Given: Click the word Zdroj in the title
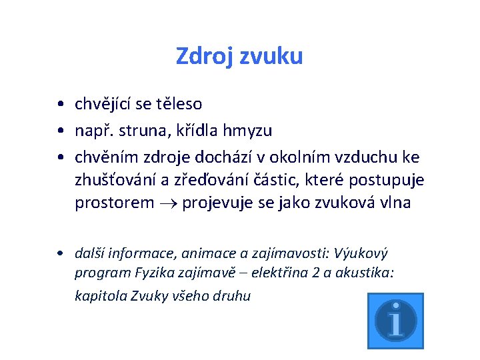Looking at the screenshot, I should (x=198, y=56).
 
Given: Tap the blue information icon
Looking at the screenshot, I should (x=395, y=320).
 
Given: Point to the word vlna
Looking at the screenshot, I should (x=395, y=203).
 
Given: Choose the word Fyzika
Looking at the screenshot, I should (x=153, y=273).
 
